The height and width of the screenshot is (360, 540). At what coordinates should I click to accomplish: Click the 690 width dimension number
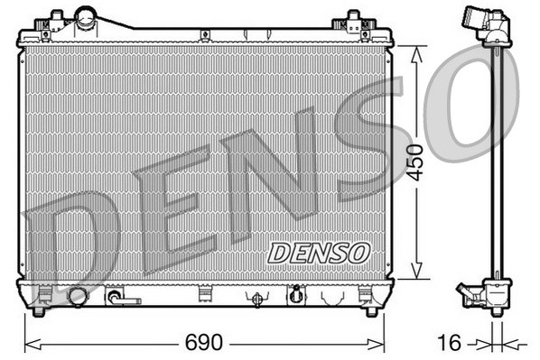[204, 344]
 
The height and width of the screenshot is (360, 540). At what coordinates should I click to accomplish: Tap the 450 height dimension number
[414, 162]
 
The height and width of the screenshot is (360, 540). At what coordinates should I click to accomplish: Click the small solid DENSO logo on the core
[318, 252]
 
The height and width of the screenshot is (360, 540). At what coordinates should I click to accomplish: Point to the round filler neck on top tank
[87, 16]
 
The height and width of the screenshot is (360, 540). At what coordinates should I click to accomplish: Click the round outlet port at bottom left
[78, 296]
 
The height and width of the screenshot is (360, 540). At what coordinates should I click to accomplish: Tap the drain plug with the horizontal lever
[119, 296]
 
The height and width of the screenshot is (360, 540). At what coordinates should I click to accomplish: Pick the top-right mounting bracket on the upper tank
[353, 20]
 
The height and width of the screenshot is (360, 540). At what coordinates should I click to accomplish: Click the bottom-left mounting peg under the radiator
[38, 312]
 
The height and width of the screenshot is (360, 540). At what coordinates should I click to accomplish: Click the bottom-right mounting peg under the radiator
[370, 312]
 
